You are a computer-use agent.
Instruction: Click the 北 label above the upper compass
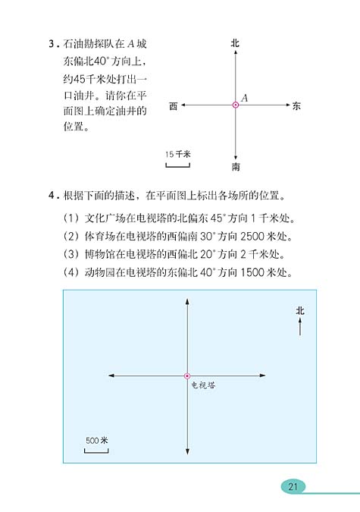(235, 45)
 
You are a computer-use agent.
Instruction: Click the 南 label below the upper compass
(236, 167)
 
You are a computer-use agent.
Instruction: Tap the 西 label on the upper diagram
(174, 106)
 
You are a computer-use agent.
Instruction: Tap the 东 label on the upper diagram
(296, 106)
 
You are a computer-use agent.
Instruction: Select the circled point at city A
(236, 105)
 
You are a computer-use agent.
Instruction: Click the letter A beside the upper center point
(245, 97)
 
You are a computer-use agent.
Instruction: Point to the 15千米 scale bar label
(178, 154)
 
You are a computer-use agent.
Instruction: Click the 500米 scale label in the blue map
(96, 441)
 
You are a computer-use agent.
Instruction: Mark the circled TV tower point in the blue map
(187, 375)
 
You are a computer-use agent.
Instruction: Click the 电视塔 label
(203, 385)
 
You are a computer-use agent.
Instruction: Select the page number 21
(293, 486)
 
